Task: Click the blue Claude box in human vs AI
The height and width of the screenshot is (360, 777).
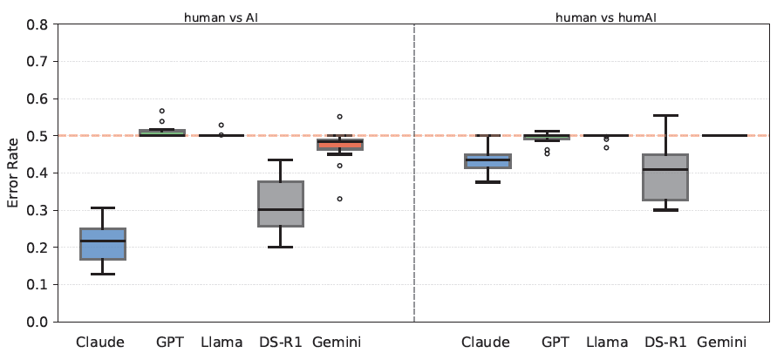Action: (x=103, y=244)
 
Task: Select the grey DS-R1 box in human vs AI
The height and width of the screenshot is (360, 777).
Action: (x=281, y=204)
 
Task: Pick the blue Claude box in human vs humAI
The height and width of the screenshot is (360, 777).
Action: (x=487, y=161)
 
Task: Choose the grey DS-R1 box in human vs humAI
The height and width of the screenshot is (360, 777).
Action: (x=665, y=177)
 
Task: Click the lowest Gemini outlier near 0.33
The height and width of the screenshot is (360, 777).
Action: (x=340, y=199)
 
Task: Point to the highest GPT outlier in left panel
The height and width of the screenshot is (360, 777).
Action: (x=162, y=112)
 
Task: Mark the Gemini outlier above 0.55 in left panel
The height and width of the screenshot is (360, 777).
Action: (x=340, y=117)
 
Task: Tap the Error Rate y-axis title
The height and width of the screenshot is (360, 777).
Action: (x=12, y=173)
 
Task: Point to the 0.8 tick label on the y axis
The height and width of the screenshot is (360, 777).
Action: (x=37, y=24)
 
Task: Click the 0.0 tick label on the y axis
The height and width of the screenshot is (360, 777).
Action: (x=37, y=322)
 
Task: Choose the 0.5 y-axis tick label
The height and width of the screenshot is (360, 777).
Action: (x=37, y=136)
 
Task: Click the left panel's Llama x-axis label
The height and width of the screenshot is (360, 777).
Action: (x=222, y=342)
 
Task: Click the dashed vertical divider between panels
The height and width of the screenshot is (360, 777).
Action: (x=414, y=174)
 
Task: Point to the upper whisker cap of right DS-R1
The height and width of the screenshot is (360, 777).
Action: (x=665, y=115)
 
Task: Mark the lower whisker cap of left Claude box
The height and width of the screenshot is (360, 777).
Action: (x=103, y=275)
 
